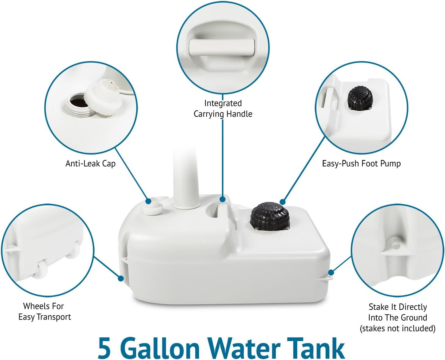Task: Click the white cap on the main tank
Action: pos(153,207)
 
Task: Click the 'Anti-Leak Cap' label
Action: pos(90,164)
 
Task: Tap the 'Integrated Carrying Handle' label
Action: pos(223,109)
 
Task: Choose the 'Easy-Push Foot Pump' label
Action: pos(361,164)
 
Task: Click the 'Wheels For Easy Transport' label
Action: pos(45,311)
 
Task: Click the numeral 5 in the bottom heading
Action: pos(104,348)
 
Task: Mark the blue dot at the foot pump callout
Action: pos(282,202)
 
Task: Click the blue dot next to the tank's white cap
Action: pos(148,201)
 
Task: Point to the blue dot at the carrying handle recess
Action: pos(223,199)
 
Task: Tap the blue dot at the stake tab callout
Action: pos(331,272)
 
